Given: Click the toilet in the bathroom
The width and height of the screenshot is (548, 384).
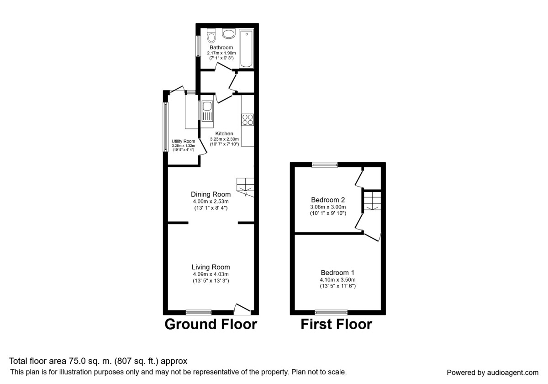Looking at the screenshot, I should (x=211, y=35).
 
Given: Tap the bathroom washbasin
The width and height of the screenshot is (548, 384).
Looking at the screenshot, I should (x=227, y=33).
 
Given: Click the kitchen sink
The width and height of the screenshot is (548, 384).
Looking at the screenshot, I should (x=207, y=112).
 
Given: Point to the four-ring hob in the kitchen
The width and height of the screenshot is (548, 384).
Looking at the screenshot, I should (x=248, y=119).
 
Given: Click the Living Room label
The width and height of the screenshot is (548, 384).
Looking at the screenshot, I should (x=211, y=267).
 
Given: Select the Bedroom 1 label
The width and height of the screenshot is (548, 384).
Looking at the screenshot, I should (x=337, y=273).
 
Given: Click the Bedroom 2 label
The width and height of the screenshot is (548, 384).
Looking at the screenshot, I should (x=328, y=200).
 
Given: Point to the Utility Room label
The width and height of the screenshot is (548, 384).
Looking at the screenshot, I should (x=183, y=141).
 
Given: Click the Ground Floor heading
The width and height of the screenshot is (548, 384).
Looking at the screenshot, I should (x=211, y=324).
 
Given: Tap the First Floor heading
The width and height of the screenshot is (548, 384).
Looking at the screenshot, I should (x=336, y=324).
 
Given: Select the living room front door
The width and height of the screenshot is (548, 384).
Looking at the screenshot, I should (x=242, y=309).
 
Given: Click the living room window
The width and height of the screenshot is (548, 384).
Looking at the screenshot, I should (x=199, y=312).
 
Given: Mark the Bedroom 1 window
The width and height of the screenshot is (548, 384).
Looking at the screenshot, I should (x=331, y=312).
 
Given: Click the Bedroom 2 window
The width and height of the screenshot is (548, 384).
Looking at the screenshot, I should (x=325, y=165).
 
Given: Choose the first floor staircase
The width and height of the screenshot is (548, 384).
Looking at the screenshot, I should (x=372, y=201).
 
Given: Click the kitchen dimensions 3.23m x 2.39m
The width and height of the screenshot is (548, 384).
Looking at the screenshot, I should (x=224, y=139).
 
